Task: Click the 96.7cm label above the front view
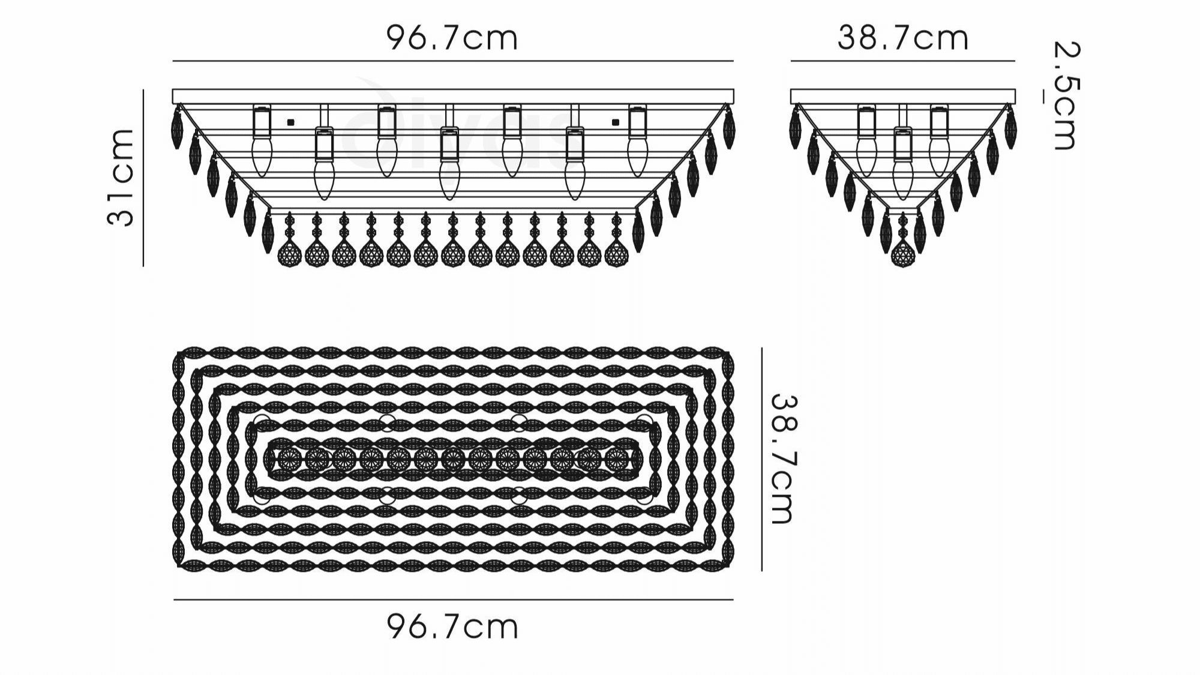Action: [452, 38]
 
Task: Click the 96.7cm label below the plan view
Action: [452, 627]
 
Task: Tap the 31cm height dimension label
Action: [121, 177]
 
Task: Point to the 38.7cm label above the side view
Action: [903, 38]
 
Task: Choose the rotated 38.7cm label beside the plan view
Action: [784, 459]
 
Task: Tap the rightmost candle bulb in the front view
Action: [638, 157]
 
